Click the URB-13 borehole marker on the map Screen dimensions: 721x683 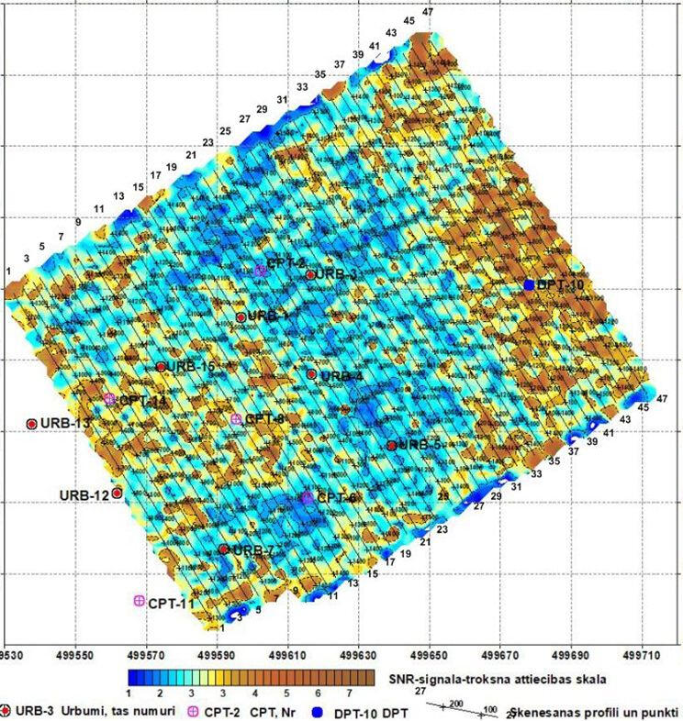31,424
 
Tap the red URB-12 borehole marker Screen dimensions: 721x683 117,493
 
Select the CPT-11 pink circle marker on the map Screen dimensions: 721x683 140,600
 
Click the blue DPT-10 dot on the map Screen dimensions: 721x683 530,285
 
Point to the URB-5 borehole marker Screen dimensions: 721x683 391,445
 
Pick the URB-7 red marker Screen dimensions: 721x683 223,549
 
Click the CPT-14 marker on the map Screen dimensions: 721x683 109,399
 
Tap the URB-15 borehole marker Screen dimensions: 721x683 161,367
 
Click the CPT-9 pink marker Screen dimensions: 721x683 236,418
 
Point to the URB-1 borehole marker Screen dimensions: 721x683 241,317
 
